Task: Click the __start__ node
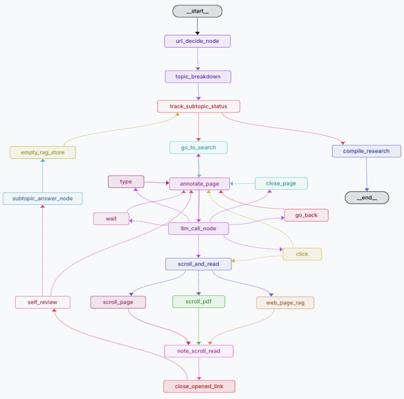(x=197, y=11)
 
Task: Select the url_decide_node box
(x=197, y=41)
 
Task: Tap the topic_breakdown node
(x=199, y=77)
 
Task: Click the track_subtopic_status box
(x=199, y=107)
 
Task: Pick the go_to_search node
(x=199, y=147)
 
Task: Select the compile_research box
(x=366, y=151)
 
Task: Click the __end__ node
(x=366, y=198)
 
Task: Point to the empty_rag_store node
(x=43, y=153)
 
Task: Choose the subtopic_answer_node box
(x=42, y=198)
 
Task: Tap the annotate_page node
(x=199, y=184)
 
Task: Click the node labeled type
(x=126, y=182)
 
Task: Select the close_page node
(x=281, y=183)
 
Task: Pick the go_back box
(x=306, y=215)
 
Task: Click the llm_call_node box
(x=199, y=228)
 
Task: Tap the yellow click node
(x=302, y=254)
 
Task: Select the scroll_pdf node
(x=199, y=302)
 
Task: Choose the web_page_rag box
(x=285, y=303)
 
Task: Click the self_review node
(x=42, y=302)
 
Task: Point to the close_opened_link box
(x=199, y=386)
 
